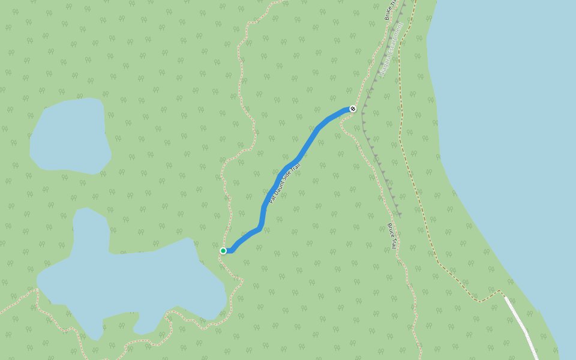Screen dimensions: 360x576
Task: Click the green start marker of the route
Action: coord(223,251)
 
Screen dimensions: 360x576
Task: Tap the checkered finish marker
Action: coord(353,109)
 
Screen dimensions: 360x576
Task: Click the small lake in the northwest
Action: coord(69,135)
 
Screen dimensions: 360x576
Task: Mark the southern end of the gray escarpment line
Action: coord(400,214)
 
